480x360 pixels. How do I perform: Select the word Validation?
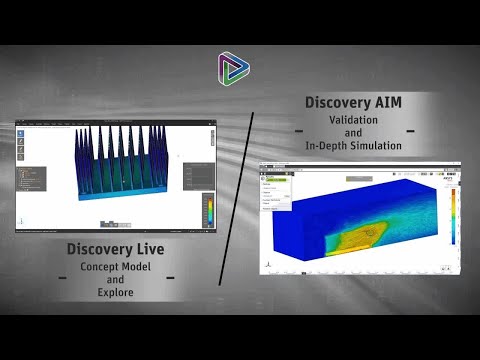(x=353, y=120)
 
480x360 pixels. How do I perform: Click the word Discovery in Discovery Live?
(x=99, y=249)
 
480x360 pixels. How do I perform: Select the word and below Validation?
(x=353, y=133)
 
